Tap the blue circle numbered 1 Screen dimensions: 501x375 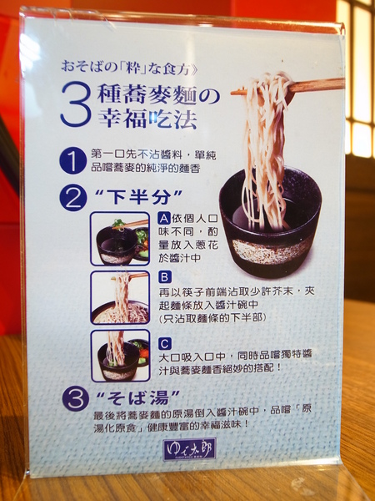coord(74,160)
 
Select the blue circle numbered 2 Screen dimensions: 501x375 coord(74,198)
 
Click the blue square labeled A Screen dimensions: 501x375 coord(164,219)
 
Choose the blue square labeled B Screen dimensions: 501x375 coord(164,276)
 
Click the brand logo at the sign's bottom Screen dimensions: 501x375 coord(189,449)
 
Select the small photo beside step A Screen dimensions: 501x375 coord(120,239)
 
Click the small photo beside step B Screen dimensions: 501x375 coord(120,297)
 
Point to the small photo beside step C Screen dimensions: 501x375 coord(120,355)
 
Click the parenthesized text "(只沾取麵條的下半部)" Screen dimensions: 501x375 coord(217,317)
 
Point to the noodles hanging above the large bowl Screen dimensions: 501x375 coord(265,142)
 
